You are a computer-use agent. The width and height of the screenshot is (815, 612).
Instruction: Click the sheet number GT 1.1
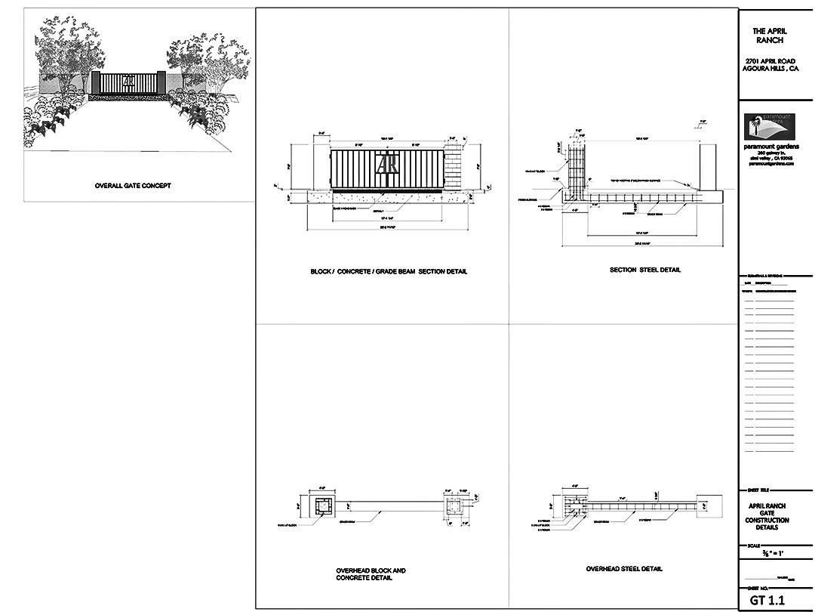point(767,601)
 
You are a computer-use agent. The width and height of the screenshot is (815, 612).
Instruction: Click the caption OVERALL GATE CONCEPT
point(133,186)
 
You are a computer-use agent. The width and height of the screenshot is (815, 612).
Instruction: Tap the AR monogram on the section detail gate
point(388,165)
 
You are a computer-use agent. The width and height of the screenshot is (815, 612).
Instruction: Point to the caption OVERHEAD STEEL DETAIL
point(624,569)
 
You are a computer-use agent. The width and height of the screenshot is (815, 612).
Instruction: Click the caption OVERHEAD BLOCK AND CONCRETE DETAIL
point(371,574)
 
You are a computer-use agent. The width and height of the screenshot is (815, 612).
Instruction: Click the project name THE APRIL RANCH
point(770,36)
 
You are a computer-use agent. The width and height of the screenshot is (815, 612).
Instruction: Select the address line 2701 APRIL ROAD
point(770,60)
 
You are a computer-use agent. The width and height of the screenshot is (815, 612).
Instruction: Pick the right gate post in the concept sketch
point(162,82)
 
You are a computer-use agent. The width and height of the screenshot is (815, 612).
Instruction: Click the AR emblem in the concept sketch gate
point(129,81)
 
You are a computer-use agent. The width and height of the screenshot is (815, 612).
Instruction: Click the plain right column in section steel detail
point(707,165)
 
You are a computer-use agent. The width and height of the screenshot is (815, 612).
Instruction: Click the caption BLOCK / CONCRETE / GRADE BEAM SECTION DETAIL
point(389,272)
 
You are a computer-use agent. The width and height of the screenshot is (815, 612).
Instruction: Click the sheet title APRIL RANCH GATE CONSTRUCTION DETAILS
point(769,517)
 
